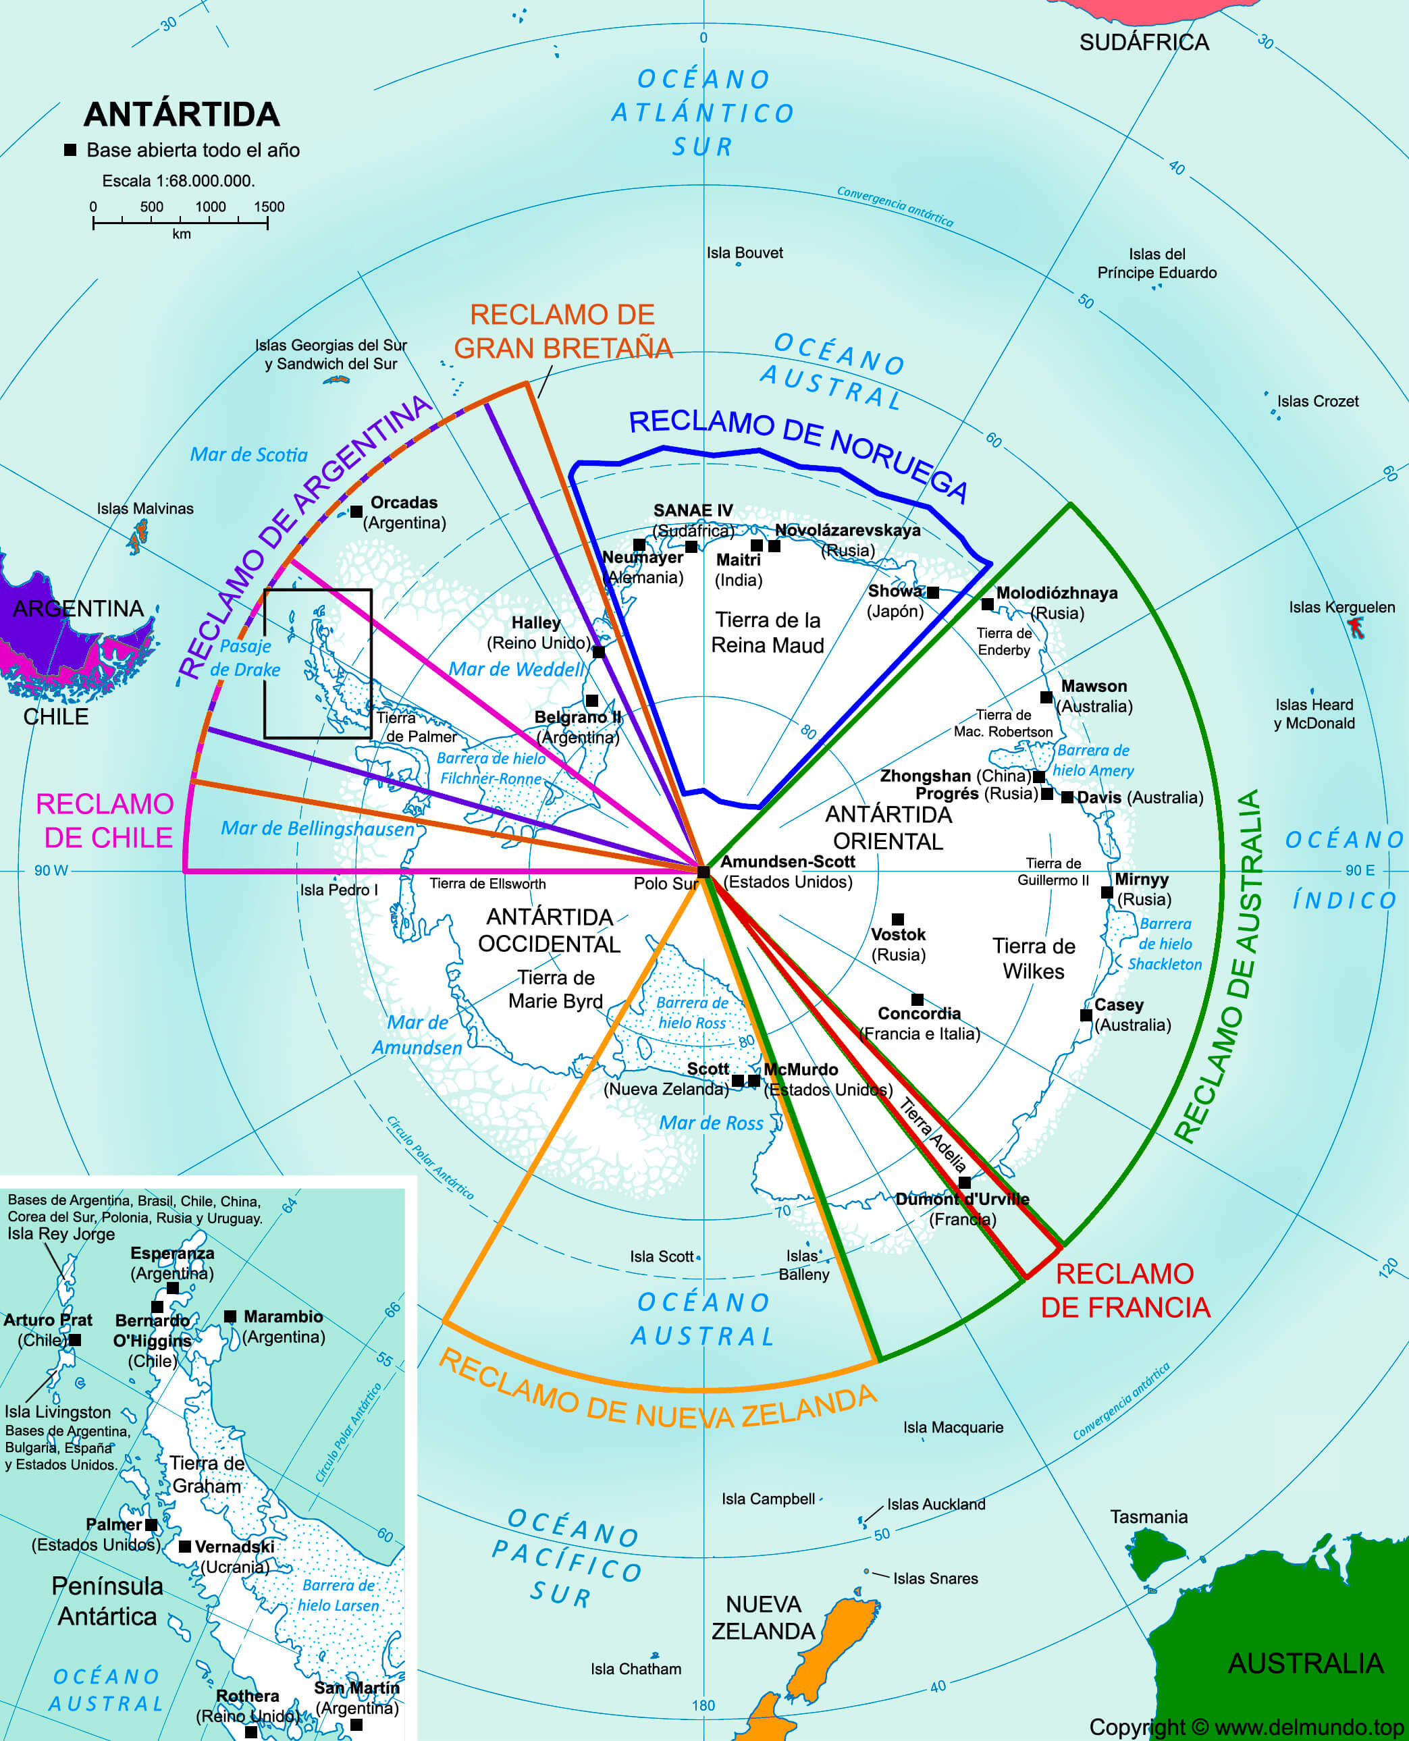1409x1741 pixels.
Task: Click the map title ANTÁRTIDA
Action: click(x=181, y=115)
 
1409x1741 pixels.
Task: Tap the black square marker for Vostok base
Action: click(x=898, y=919)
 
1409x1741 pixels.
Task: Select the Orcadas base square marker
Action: click(x=356, y=511)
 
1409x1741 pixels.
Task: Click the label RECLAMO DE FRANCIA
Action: click(x=1125, y=1290)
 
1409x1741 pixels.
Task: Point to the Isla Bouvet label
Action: click(x=744, y=252)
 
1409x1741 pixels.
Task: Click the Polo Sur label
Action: click(x=666, y=883)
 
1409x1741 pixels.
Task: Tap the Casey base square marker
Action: click(x=1086, y=1015)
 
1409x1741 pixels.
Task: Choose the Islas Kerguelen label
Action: click(x=1341, y=606)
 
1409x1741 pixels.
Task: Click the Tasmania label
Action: click(x=1148, y=1516)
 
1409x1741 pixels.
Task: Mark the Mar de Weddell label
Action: click(x=516, y=669)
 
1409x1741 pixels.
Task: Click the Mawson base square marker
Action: click(x=1046, y=697)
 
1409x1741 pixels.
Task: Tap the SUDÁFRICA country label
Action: click(x=1144, y=43)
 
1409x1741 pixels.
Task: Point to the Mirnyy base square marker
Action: click(x=1107, y=892)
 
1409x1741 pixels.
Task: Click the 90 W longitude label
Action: click(x=51, y=870)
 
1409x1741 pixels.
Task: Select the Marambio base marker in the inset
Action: click(x=230, y=1316)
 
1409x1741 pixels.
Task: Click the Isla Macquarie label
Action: click(x=953, y=1427)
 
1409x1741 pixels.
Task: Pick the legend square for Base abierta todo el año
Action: click(x=71, y=150)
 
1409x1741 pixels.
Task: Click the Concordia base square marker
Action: click(x=917, y=999)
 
